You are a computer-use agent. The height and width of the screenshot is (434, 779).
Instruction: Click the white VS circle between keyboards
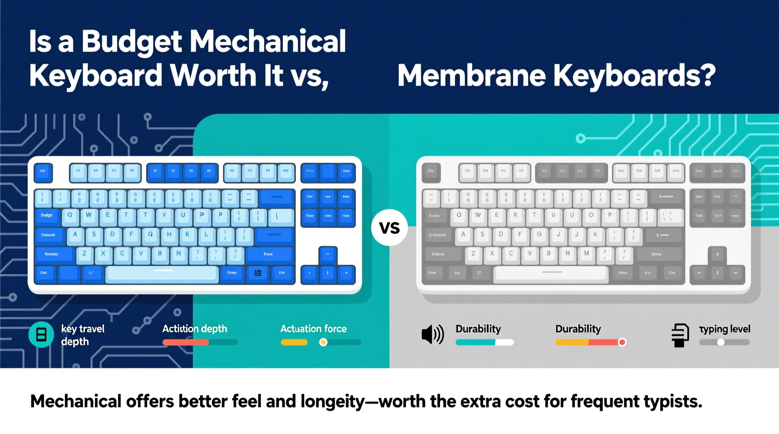[389, 228]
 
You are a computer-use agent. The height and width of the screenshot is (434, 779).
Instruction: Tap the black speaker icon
[432, 334]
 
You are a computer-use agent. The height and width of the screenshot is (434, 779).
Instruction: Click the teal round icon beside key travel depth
[41, 334]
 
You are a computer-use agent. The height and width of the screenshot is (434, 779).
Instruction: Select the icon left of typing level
[680, 335]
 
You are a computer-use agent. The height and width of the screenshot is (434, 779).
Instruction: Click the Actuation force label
[313, 329]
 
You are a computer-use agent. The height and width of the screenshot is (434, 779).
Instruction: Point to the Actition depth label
[194, 329]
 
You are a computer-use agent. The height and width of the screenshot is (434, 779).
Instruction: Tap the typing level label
[724, 329]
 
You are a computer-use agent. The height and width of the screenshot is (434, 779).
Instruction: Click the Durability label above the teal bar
[478, 329]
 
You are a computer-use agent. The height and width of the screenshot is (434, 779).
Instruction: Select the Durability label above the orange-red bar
[578, 329]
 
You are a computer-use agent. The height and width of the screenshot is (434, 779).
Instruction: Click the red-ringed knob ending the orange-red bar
[622, 342]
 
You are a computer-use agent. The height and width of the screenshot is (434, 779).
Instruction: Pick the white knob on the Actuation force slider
[323, 342]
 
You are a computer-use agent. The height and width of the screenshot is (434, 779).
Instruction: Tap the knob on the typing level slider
[721, 342]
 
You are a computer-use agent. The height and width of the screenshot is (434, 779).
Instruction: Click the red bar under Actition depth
[185, 342]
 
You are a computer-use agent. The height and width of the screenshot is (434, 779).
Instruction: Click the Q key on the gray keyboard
[459, 216]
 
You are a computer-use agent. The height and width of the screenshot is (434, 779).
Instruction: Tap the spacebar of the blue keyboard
[162, 274]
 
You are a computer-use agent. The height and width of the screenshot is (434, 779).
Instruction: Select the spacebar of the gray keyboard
[551, 273]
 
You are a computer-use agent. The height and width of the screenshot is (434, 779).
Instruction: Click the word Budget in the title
[132, 42]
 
